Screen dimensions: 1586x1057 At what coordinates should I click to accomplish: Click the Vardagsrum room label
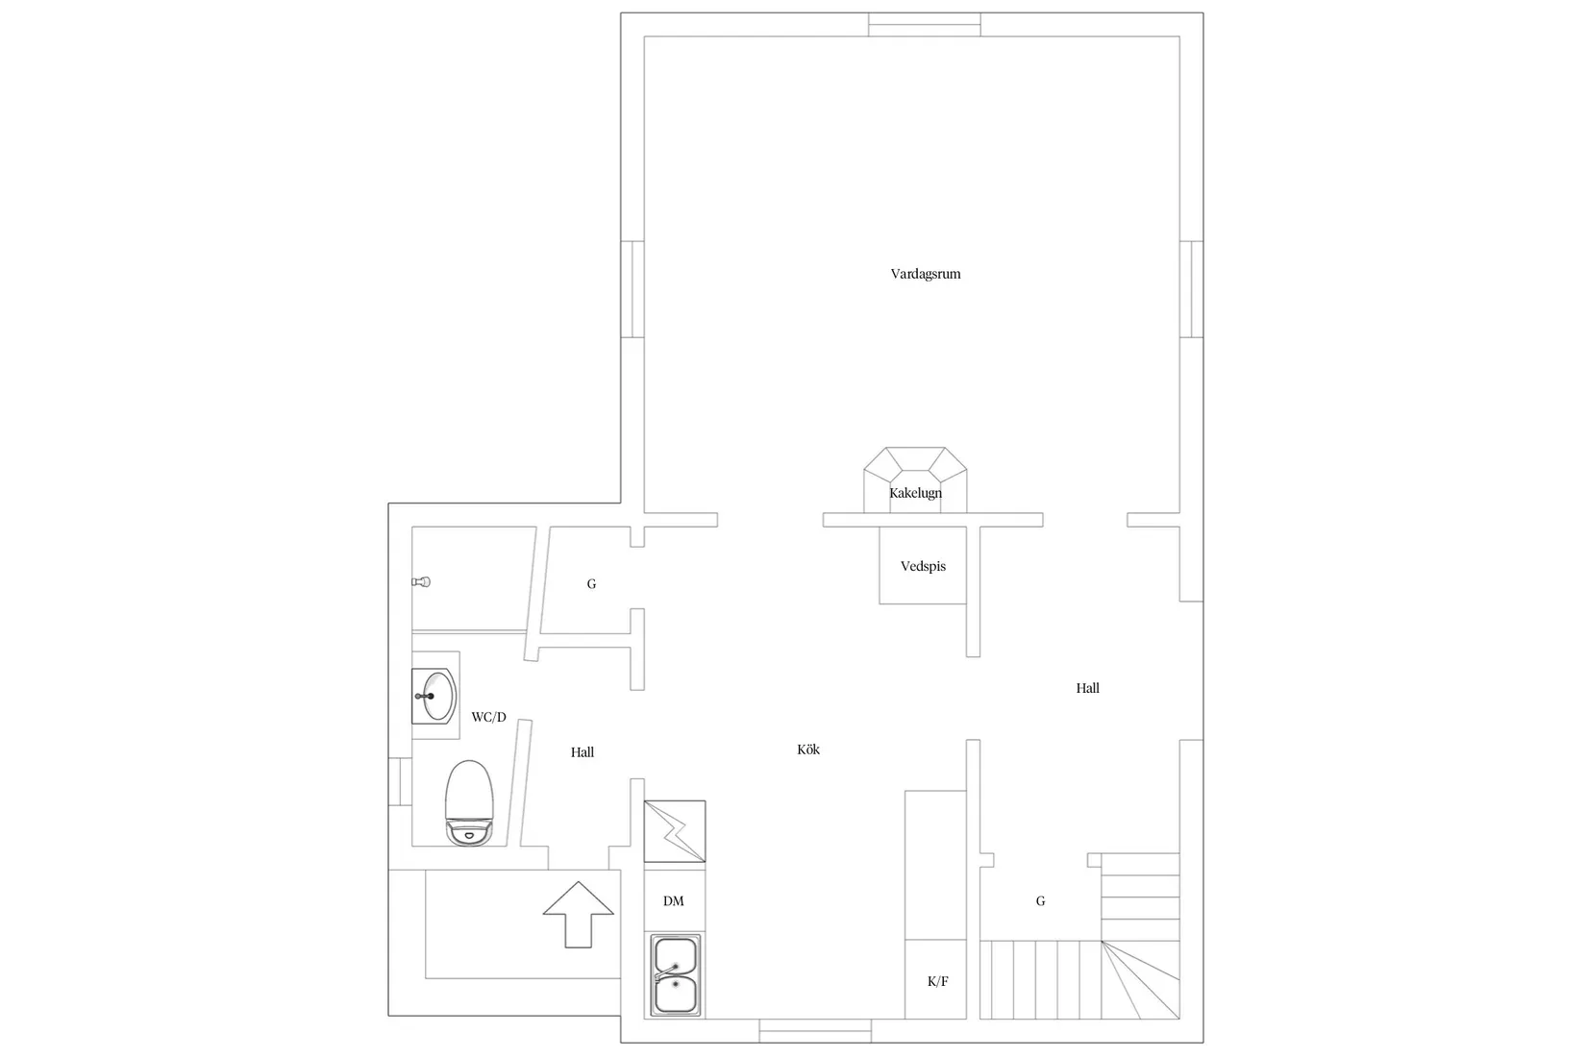click(926, 274)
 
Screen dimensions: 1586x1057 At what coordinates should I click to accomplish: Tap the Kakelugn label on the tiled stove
click(915, 493)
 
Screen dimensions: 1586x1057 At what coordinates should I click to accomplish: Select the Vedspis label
click(924, 566)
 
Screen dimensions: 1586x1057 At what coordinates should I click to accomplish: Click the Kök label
click(807, 750)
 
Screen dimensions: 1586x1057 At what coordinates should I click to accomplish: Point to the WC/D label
click(488, 717)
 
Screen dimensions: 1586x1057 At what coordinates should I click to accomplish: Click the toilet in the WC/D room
click(469, 802)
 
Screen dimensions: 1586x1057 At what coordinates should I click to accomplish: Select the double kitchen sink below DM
click(676, 975)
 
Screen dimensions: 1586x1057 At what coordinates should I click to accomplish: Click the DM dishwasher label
click(674, 901)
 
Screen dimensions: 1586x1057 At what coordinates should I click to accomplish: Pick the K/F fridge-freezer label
click(937, 981)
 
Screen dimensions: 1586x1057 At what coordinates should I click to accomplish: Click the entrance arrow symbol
click(579, 914)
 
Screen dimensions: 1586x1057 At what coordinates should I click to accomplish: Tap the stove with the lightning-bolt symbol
click(675, 831)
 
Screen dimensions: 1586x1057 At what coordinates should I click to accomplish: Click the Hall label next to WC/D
click(582, 752)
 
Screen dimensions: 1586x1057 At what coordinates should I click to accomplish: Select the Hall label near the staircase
click(1087, 688)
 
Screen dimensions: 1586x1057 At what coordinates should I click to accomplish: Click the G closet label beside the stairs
click(1040, 901)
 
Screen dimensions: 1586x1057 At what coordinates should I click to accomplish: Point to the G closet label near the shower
click(591, 584)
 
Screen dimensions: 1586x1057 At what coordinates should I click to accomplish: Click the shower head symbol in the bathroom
click(421, 582)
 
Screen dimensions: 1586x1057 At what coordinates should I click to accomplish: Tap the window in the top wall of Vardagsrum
click(925, 24)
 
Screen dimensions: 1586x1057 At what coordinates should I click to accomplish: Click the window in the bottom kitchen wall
click(816, 1031)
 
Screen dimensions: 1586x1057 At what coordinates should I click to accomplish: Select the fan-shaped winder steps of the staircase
click(1141, 980)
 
